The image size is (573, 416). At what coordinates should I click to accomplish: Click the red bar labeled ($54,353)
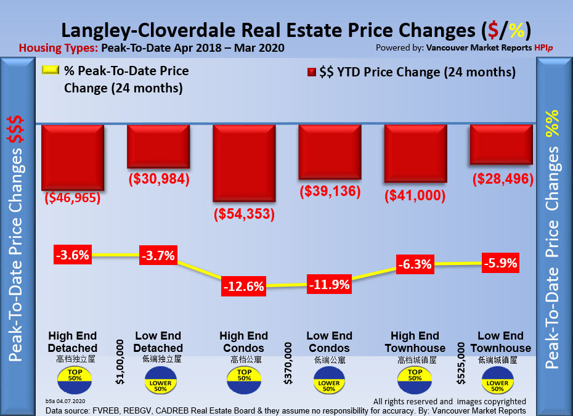click(x=243, y=163)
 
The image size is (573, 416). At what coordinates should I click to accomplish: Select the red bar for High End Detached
click(x=72, y=157)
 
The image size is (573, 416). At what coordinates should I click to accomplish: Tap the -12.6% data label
click(x=243, y=286)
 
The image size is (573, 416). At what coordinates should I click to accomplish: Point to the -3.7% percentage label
click(x=158, y=255)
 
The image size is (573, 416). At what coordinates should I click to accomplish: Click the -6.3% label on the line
click(x=415, y=264)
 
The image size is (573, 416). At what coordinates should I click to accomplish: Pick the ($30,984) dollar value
click(x=158, y=179)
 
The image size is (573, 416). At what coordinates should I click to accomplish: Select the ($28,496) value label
click(x=502, y=179)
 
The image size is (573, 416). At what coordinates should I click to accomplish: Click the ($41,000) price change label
click(x=415, y=196)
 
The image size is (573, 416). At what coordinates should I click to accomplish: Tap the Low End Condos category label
click(x=330, y=342)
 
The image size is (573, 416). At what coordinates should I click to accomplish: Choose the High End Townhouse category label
click(x=415, y=342)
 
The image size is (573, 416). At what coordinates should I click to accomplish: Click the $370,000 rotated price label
click(x=288, y=364)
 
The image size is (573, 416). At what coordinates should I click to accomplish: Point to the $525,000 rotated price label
click(x=460, y=364)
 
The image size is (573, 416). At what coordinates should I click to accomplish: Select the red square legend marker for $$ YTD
click(x=312, y=72)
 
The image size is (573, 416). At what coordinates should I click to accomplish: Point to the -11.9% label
click(x=330, y=285)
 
